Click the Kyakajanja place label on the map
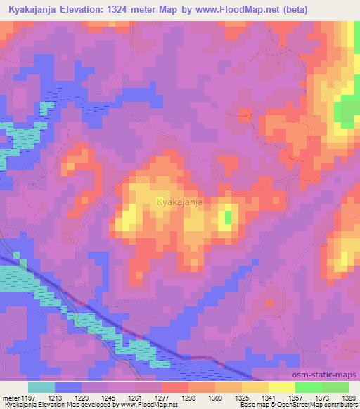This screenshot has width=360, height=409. point(180,202)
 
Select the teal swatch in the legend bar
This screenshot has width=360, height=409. point(41,387)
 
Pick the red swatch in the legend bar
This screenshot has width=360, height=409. point(175,387)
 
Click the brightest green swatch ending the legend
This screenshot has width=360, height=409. point(335,387)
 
